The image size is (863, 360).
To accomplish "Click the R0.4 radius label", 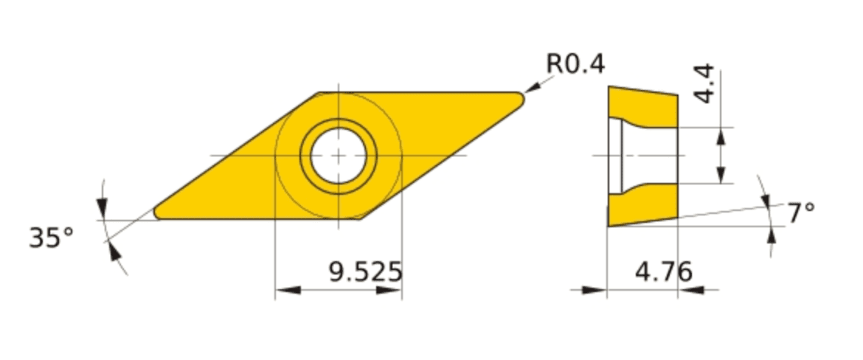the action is point(575,64).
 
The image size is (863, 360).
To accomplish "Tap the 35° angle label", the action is point(51,238).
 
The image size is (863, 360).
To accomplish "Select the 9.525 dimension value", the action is point(365,272).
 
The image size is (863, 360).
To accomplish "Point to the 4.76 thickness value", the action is point(663,272).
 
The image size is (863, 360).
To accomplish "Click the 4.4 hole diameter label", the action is point(704,84).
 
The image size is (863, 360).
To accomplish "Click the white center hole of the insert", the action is point(339,156).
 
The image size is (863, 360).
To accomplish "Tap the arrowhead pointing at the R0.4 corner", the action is point(533,87).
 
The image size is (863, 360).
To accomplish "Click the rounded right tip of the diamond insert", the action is point(519,99).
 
